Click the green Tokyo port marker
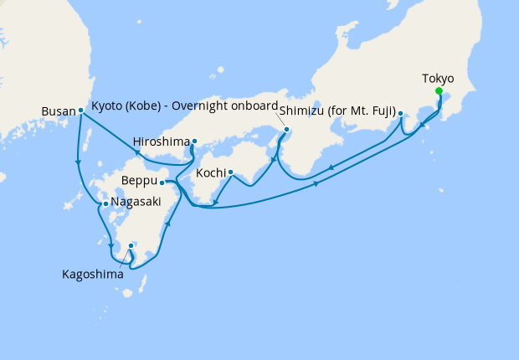click(439, 93)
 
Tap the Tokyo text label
click(438, 79)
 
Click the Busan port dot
click(80, 110)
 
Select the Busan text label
click(58, 110)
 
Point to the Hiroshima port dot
click(194, 141)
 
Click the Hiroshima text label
click(162, 141)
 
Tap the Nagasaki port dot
click(105, 203)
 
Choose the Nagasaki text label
click(134, 203)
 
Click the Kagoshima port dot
click(131, 245)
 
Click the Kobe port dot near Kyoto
click(286, 130)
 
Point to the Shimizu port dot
click(401, 113)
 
